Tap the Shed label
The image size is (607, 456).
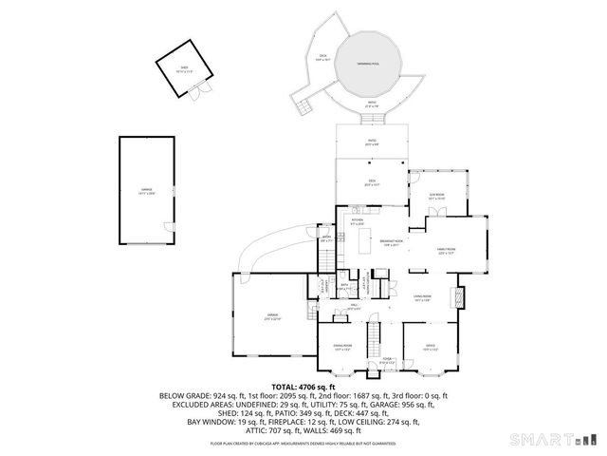click(x=185, y=68)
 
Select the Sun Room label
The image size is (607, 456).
click(x=437, y=198)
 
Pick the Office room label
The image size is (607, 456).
click(x=429, y=347)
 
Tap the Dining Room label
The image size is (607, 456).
click(x=340, y=347)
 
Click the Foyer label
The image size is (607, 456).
click(x=387, y=359)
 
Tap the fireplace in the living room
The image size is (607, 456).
click(x=462, y=296)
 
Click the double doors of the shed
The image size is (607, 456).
click(x=196, y=92)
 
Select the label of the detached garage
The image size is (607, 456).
click(x=147, y=193)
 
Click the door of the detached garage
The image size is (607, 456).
click(x=169, y=226)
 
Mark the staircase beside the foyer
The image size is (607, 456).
click(x=374, y=334)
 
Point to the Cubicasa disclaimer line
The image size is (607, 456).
click(x=303, y=443)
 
